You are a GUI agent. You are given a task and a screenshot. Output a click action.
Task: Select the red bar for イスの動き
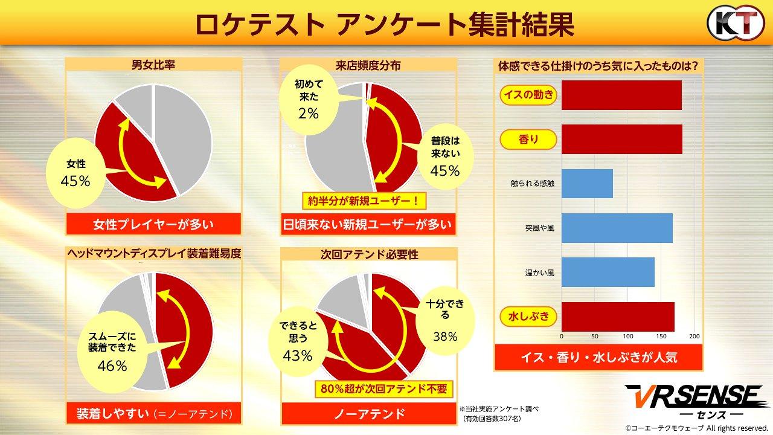click(x=621, y=95)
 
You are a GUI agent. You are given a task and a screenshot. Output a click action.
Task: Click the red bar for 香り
click(x=621, y=140)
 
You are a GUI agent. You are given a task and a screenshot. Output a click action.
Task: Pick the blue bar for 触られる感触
click(x=587, y=184)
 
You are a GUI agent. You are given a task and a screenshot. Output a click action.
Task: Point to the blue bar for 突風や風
click(x=617, y=228)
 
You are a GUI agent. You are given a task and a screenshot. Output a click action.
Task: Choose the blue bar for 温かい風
click(x=608, y=272)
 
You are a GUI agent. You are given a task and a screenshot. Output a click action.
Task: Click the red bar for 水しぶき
click(x=618, y=317)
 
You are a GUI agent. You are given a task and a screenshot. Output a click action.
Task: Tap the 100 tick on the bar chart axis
click(x=628, y=336)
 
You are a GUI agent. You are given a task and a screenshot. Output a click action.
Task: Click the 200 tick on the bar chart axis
click(x=694, y=336)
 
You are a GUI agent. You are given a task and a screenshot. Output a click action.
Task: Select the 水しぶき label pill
click(x=528, y=316)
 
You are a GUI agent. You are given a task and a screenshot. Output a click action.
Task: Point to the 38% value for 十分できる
click(x=444, y=337)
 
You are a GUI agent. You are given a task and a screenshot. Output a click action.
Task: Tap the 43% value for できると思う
click(x=297, y=356)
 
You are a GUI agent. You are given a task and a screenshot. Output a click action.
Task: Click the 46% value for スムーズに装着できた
click(x=112, y=366)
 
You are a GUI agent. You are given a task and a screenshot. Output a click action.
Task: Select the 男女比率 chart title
click(x=153, y=65)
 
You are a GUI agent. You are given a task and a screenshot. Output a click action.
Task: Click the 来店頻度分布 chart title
click(x=368, y=65)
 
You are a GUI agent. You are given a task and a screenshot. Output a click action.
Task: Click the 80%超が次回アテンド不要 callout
click(x=384, y=388)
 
